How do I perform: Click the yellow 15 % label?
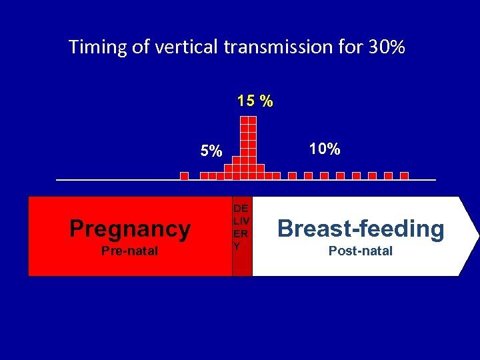(255, 101)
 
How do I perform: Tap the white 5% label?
(211, 151)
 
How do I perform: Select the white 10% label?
(324, 149)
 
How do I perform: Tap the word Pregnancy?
(130, 229)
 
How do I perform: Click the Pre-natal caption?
(130, 251)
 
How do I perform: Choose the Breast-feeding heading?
(361, 229)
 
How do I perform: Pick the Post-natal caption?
(361, 251)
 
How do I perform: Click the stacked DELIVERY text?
(241, 227)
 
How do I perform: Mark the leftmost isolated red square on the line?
(185, 176)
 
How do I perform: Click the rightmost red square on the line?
(405, 176)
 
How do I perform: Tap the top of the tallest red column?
(248, 120)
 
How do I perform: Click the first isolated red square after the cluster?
(292, 176)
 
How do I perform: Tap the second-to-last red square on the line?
(389, 176)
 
